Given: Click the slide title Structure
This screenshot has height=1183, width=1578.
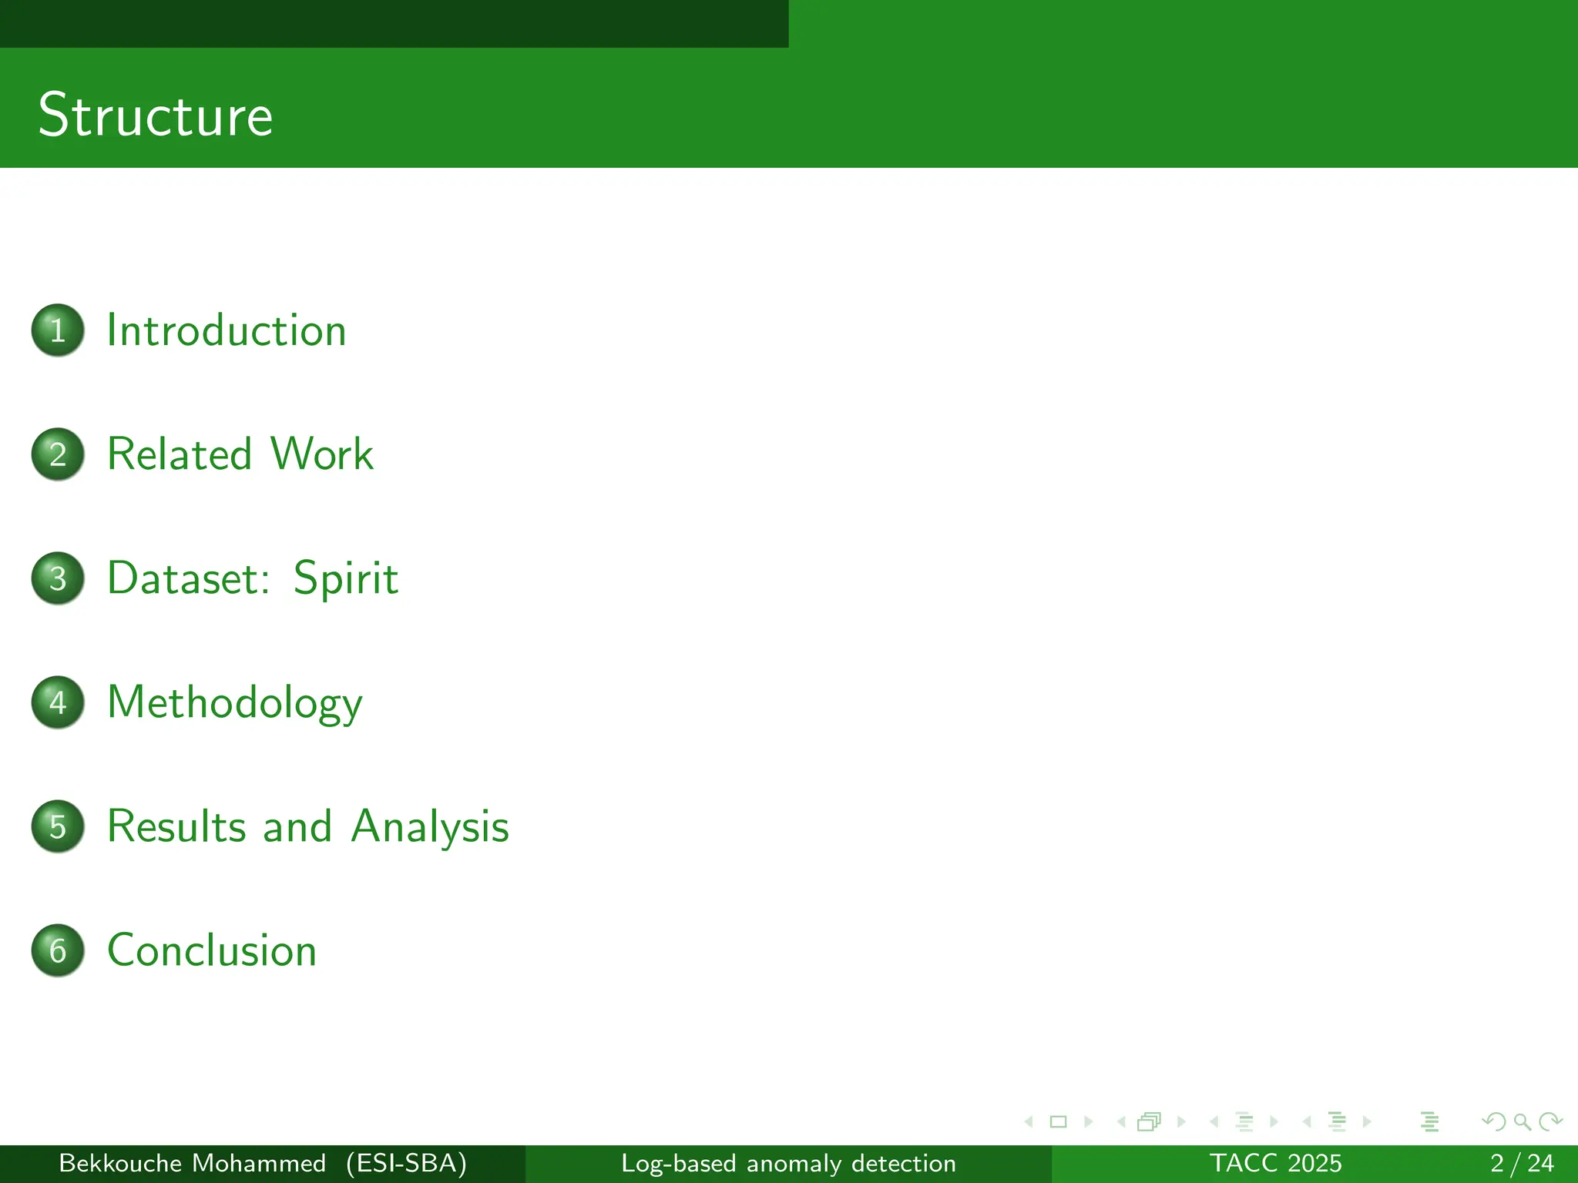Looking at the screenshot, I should (x=156, y=116).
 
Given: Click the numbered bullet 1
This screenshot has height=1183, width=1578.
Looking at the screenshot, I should (x=58, y=330).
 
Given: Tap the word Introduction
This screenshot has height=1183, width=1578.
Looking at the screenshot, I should (x=227, y=330).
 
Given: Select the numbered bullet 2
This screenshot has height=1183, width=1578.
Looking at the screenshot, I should (x=58, y=454).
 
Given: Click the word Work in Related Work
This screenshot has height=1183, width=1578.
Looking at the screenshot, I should (x=322, y=454).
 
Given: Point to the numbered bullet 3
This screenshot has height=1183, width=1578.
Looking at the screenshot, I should (x=58, y=578).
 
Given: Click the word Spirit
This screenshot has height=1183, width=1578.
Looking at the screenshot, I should (x=346, y=578).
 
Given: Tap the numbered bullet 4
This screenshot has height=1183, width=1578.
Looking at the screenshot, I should (x=58, y=702).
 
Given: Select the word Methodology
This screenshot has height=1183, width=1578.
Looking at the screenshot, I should (x=234, y=702).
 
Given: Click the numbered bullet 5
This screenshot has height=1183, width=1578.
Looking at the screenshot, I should (x=58, y=826).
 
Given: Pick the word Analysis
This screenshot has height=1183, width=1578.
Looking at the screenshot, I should (x=430, y=826).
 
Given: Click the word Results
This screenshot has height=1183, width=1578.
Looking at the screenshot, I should (x=176, y=826).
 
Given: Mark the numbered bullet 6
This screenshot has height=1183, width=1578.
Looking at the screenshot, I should (x=58, y=950).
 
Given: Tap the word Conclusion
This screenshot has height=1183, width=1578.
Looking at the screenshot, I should (x=212, y=950).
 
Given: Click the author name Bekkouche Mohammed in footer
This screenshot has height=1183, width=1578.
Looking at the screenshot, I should (x=193, y=1163).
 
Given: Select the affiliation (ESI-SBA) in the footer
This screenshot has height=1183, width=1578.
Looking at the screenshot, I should (x=406, y=1163).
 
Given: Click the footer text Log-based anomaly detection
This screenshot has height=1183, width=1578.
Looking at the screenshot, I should (x=788, y=1163).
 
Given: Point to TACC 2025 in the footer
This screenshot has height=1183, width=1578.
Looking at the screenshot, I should (x=1275, y=1163).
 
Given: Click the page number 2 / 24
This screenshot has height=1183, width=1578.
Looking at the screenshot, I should (x=1521, y=1163).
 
